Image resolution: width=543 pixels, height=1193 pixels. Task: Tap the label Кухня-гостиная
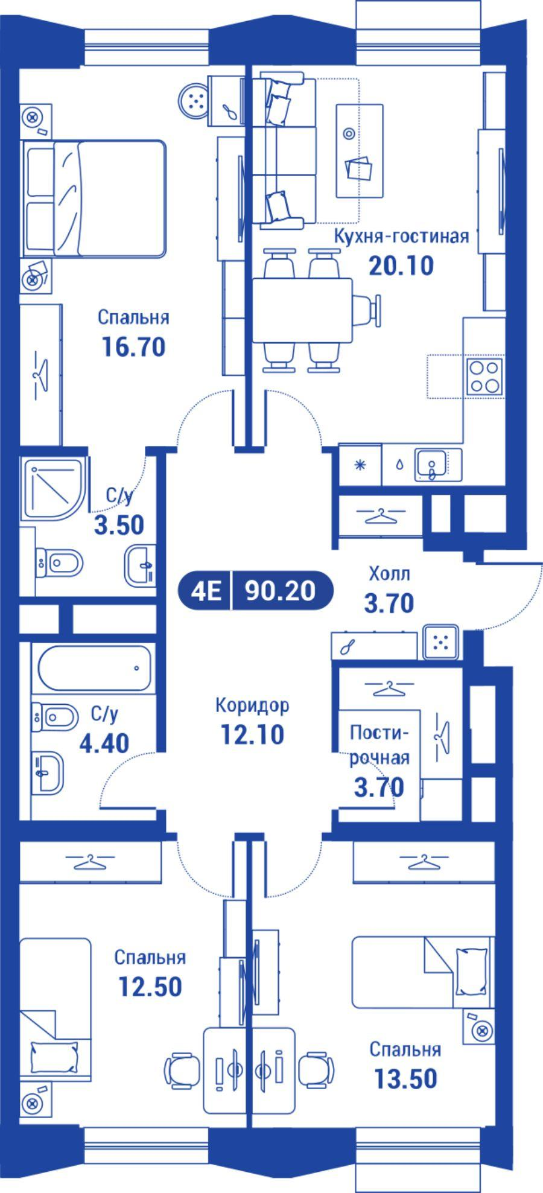tap(401, 236)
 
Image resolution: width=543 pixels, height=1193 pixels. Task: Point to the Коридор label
tap(252, 705)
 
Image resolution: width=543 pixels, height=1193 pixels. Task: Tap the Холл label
tap(389, 573)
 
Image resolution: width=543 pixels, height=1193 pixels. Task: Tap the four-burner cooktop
tap(484, 377)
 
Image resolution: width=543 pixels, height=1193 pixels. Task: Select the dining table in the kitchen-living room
tap(302, 310)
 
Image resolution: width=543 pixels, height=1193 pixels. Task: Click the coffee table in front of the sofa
tap(360, 150)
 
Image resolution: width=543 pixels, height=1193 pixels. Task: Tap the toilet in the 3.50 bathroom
tap(59, 563)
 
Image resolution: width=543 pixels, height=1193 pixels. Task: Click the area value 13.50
tap(405, 1078)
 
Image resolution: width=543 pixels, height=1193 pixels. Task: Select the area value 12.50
tap(150, 987)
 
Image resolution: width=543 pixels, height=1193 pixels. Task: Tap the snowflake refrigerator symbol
tap(360, 464)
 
